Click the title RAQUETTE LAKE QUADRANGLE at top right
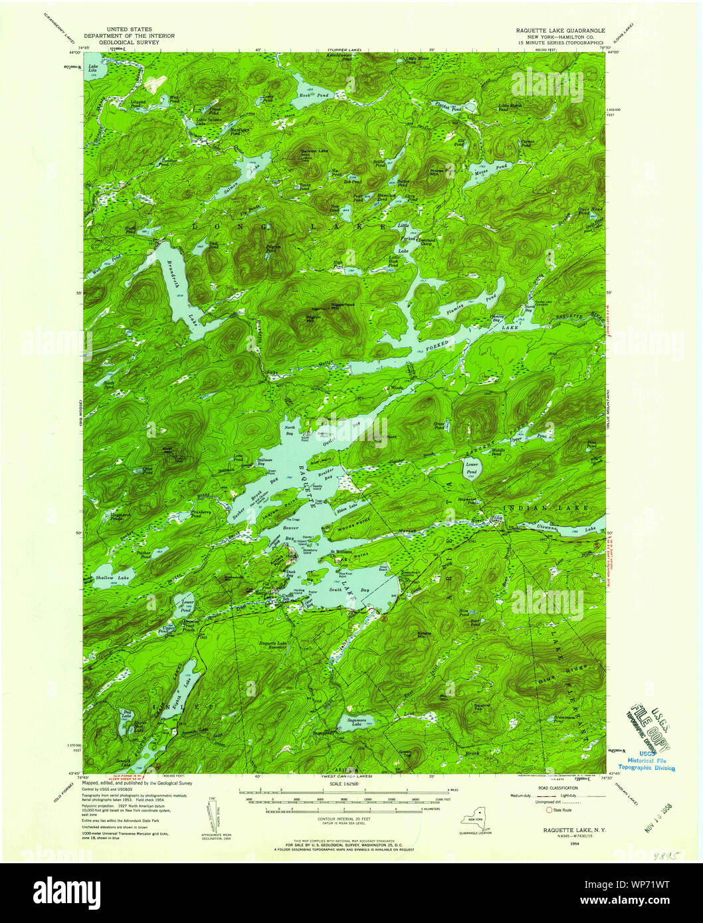tap(560, 31)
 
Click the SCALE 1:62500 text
tap(344, 784)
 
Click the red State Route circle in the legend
tap(548, 810)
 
